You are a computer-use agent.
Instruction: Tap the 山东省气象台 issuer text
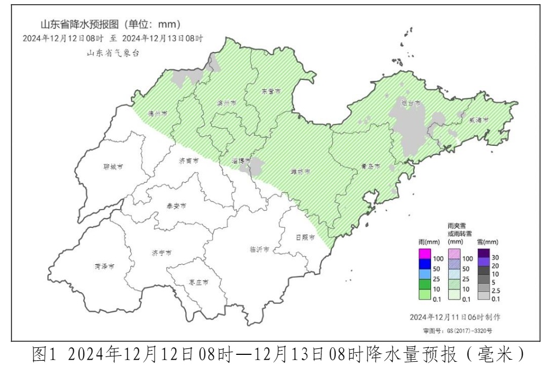(x=113, y=53)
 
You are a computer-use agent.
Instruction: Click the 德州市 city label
(x=157, y=114)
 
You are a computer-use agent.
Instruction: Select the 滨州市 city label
(x=226, y=103)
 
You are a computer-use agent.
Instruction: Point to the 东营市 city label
(x=271, y=92)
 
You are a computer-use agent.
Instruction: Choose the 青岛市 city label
(x=370, y=167)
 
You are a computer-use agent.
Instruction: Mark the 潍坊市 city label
(x=301, y=172)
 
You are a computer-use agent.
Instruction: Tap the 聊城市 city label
(x=113, y=167)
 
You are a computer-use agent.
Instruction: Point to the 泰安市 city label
(x=176, y=206)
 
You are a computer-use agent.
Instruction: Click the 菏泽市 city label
(x=104, y=266)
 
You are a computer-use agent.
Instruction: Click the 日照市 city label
(x=305, y=237)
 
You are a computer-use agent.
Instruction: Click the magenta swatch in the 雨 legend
(x=424, y=254)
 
